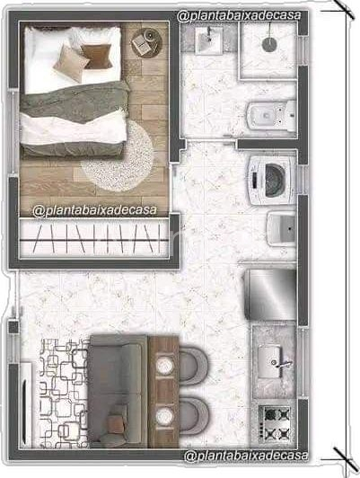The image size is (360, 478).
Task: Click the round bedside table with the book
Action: tap(146, 42)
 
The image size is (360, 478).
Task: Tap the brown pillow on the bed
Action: tap(97, 57)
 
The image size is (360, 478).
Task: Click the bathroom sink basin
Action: tap(208, 40)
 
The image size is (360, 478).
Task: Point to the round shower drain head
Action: tap(269, 45)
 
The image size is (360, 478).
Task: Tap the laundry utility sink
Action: tap(282, 229)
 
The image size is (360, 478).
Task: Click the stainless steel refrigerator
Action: tap(271, 294)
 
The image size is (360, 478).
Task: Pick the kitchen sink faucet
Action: tap(282, 364)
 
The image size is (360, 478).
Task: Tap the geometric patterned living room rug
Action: tap(65, 394)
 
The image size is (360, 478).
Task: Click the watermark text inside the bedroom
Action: tap(95, 210)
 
